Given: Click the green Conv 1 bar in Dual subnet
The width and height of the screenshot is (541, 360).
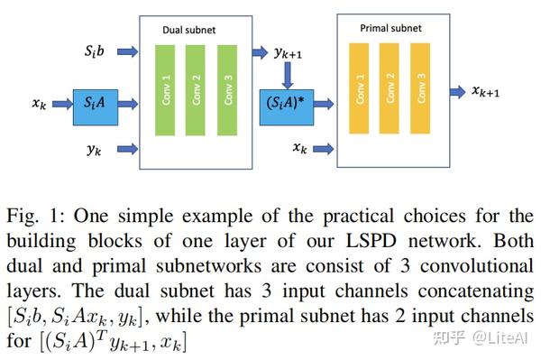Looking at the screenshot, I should (x=164, y=91).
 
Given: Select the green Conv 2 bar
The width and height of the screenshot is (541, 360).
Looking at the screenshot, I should (x=197, y=91).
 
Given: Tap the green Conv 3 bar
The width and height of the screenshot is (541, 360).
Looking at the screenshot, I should (x=228, y=91).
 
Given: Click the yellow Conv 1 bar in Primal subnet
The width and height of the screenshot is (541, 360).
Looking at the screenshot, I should (x=361, y=91).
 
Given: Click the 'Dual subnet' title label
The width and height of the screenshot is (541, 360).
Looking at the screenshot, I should (x=188, y=30).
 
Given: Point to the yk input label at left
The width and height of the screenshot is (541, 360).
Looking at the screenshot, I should (x=93, y=150).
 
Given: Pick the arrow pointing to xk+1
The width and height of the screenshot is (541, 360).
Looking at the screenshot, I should (x=460, y=90).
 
